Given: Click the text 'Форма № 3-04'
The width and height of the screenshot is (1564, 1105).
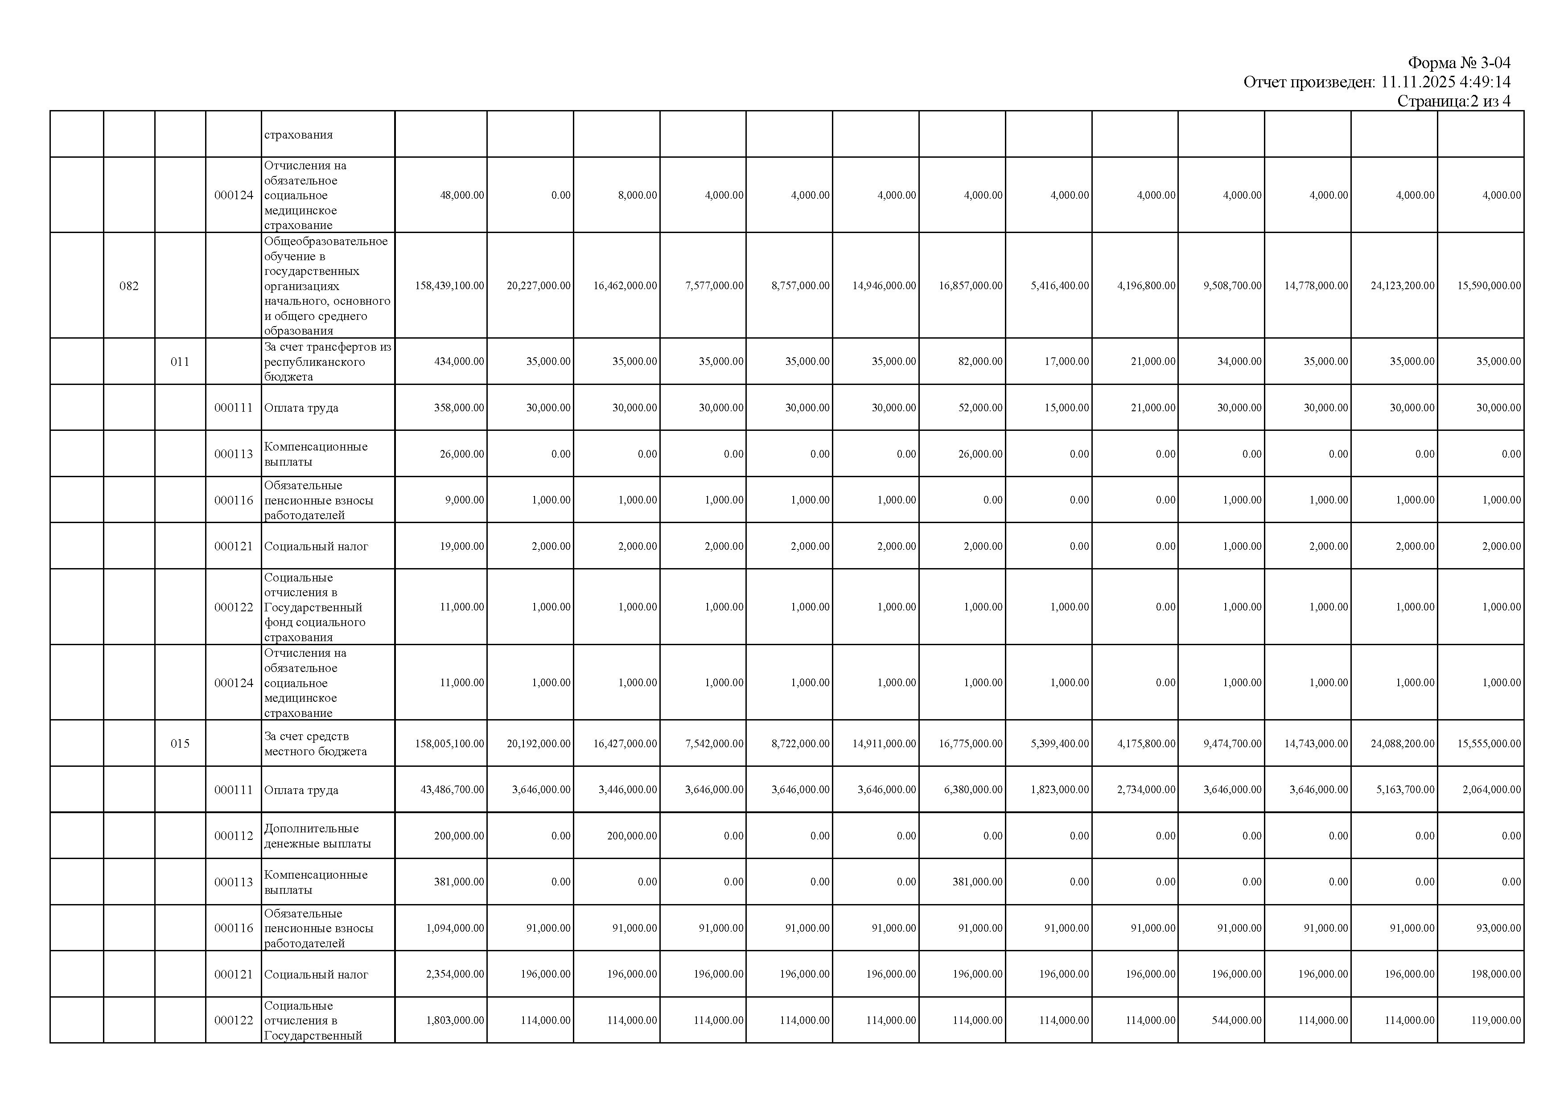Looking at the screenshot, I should coord(1459,63).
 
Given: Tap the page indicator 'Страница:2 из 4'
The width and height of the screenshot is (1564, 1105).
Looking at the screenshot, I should coord(1453,102).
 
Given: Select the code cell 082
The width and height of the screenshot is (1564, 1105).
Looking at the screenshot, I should coord(129,286).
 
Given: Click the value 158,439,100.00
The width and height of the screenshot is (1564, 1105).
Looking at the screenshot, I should coord(449,286).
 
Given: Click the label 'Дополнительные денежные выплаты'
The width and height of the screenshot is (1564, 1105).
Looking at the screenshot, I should coord(317,836).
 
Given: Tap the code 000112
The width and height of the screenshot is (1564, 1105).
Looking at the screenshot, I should coord(233,836).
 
